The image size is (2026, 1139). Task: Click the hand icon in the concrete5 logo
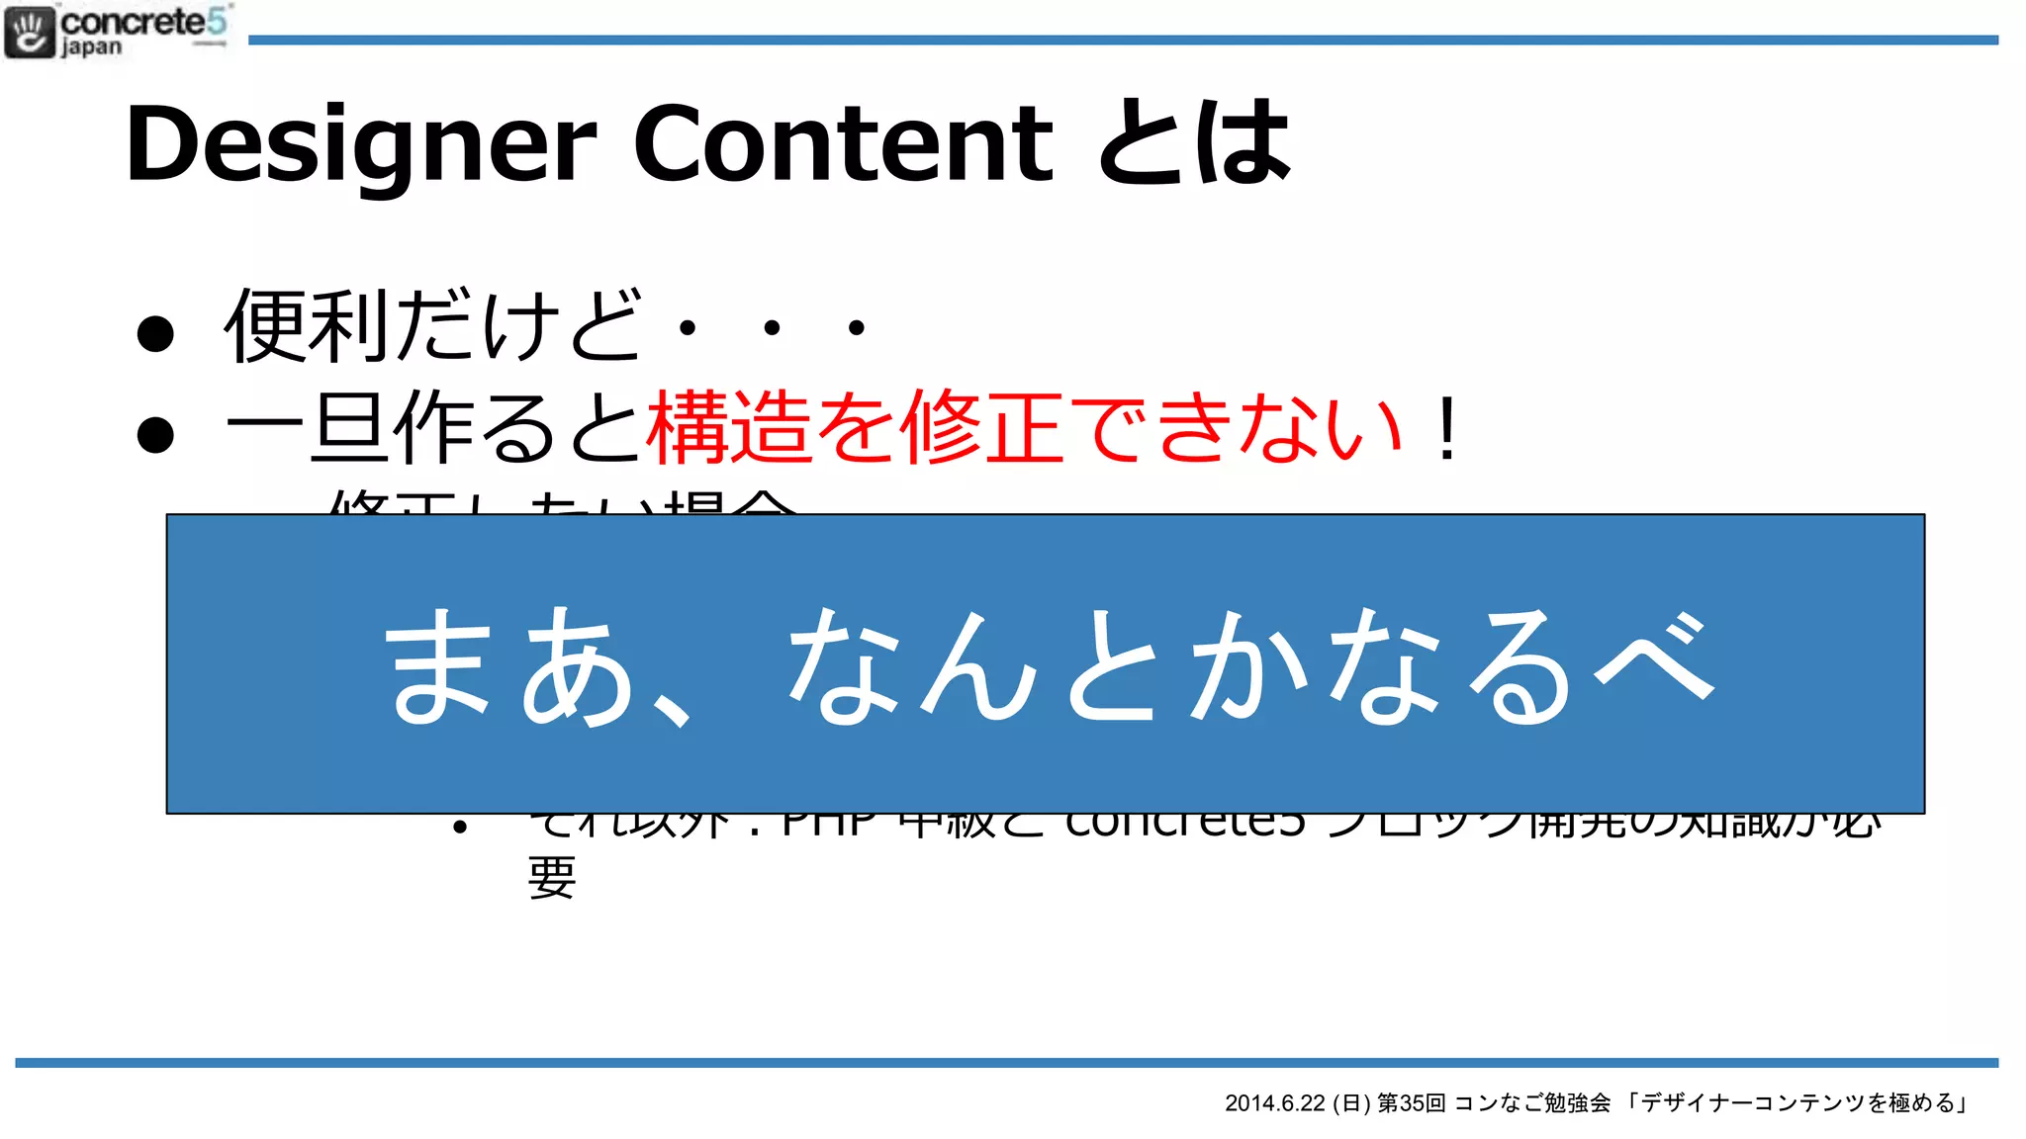(x=30, y=33)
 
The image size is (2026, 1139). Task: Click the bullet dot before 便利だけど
(x=155, y=333)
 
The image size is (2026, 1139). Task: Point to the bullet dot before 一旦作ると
(x=155, y=434)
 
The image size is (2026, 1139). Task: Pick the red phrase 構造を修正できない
(x=1024, y=428)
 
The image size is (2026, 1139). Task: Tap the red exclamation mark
(x=1447, y=428)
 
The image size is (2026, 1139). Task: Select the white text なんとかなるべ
(x=1250, y=664)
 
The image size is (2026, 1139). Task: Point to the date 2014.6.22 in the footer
(x=1274, y=1103)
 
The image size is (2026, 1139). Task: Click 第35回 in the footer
(x=1412, y=1103)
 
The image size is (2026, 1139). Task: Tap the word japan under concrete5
(x=91, y=47)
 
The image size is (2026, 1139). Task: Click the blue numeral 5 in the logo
(x=217, y=20)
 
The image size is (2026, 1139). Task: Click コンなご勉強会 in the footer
(x=1532, y=1103)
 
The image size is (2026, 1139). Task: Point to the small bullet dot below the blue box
(x=459, y=827)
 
